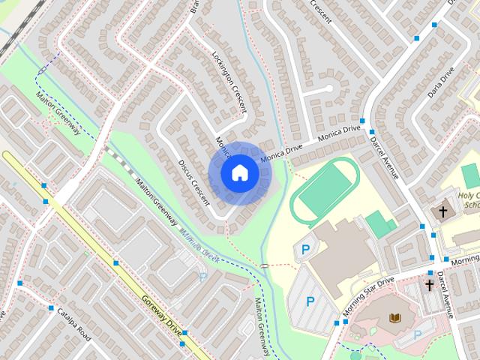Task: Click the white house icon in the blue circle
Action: (239, 173)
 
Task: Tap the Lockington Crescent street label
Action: (229, 82)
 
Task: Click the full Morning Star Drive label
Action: (368, 296)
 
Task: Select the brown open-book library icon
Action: (394, 318)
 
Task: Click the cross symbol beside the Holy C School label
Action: (443, 213)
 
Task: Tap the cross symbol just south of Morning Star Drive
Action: (430, 285)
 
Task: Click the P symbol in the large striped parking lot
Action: (310, 301)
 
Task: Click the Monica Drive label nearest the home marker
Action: (280, 154)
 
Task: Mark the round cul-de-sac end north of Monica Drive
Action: (328, 88)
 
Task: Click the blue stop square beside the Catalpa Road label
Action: (51, 308)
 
